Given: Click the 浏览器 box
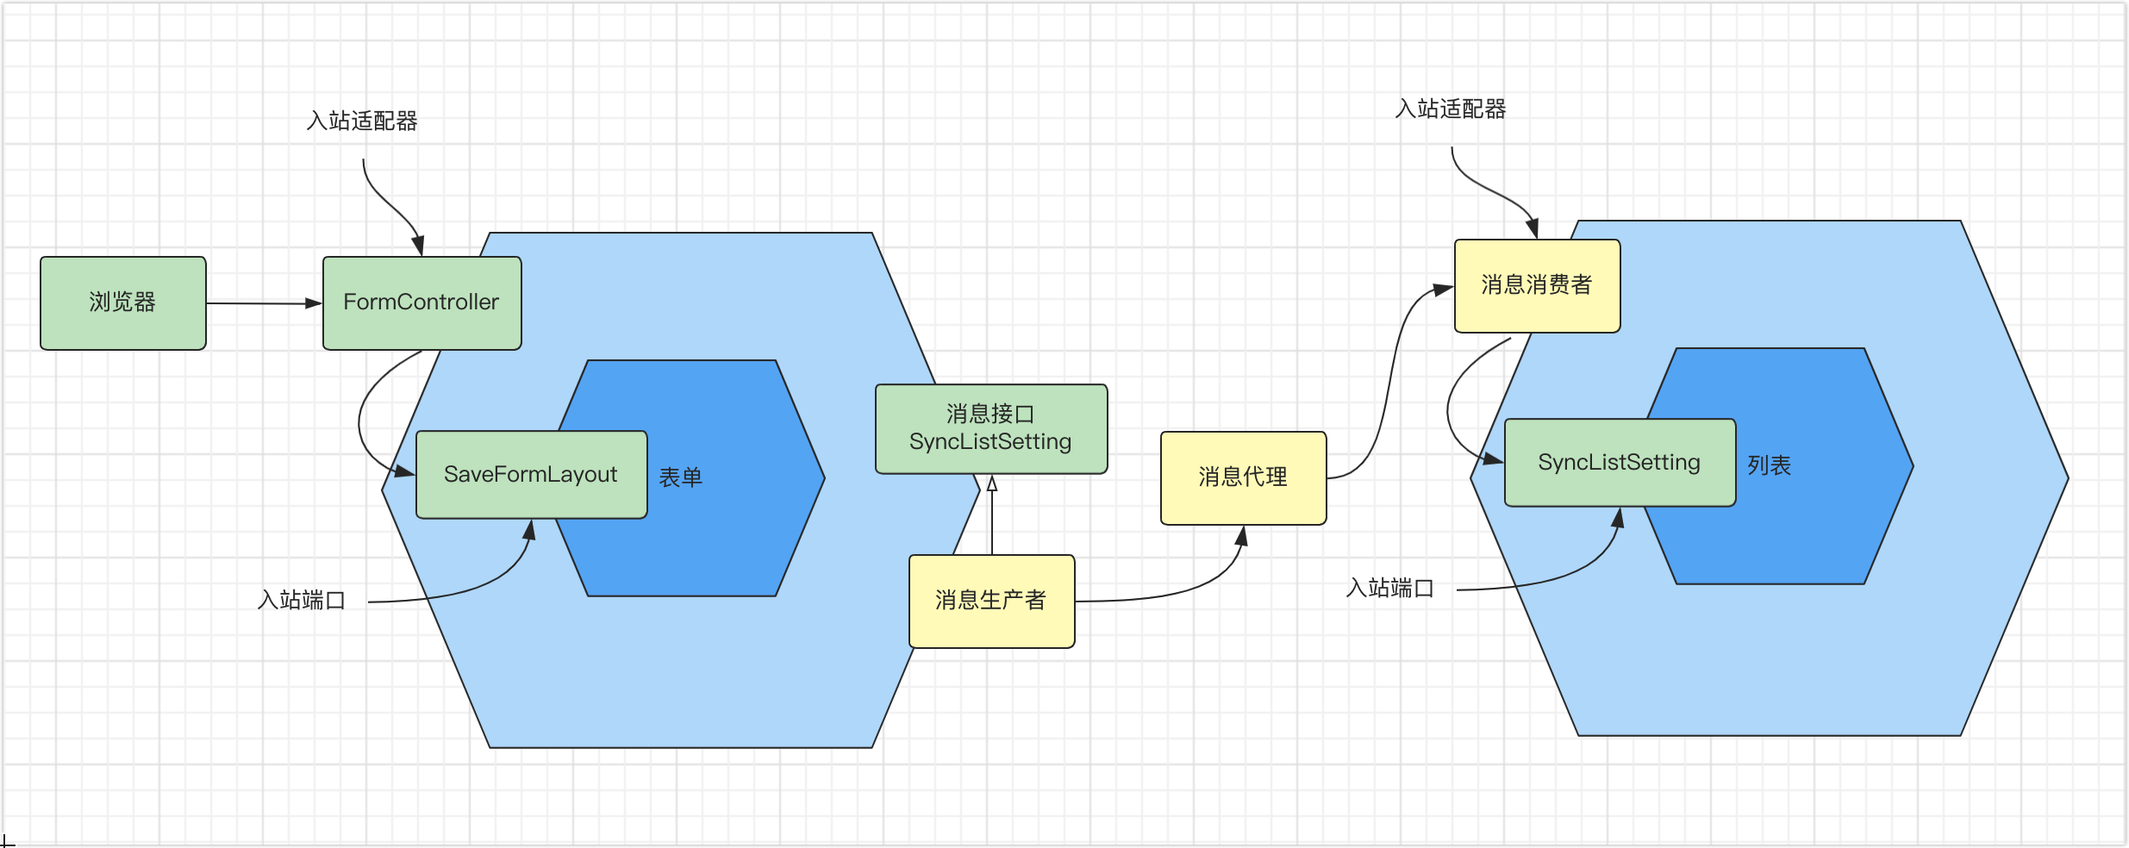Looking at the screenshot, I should pos(122,302).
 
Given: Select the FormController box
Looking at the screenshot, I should pos(421,302).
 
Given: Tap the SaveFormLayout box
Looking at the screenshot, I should pos(531,474).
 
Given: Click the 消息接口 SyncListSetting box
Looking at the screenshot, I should pos(990,428).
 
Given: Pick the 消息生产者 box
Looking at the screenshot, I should pos(991,601).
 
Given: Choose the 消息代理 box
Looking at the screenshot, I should pos(1243,477).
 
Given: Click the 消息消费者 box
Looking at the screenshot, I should pos(1537,285).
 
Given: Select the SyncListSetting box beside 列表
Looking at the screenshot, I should pos(1619,463).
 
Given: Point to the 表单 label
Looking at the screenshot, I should pos(681,477).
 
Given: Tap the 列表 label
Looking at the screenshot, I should pos(1770,465).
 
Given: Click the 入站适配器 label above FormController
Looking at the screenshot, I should pos(362,121).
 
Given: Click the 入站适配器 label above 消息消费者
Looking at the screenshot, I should pos(1451,109).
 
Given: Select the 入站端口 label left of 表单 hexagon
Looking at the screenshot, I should pos(302,600).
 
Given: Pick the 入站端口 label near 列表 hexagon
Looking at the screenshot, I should pos(1390,588).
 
